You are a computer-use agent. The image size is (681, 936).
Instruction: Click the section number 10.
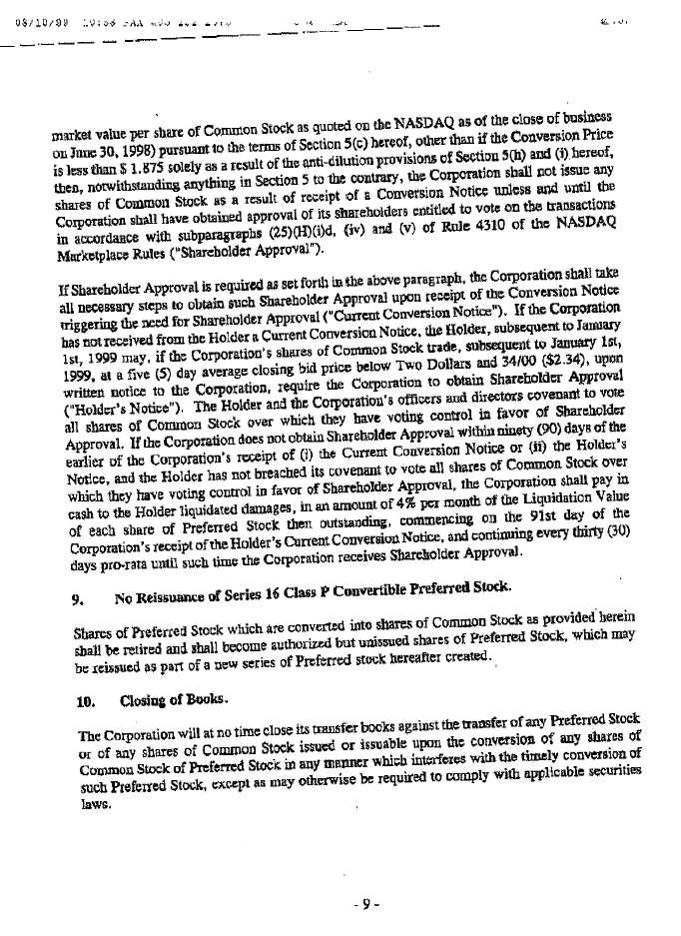click(85, 674)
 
